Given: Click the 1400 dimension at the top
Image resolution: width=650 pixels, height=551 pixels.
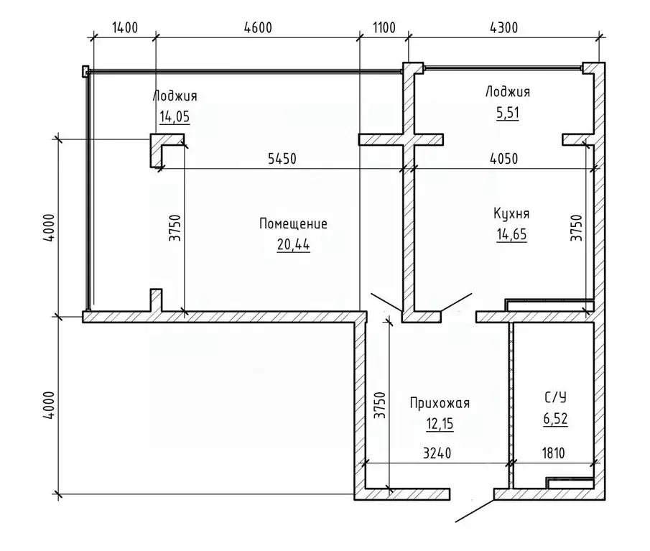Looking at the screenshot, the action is click(x=125, y=28).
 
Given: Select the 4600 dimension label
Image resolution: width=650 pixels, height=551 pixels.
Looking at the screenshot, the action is click(x=258, y=28).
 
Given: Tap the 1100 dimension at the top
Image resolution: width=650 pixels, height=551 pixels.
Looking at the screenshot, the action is click(x=384, y=28).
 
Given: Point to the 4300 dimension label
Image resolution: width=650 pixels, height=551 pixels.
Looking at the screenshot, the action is click(x=503, y=28).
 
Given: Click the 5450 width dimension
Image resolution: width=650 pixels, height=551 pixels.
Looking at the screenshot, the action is click(x=282, y=159).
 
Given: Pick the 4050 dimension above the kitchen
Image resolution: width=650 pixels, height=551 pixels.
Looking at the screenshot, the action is click(x=503, y=159).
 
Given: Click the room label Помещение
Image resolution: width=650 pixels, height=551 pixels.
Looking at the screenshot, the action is click(x=293, y=224).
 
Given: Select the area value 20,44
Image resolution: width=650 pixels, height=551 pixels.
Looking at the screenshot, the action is click(x=294, y=245).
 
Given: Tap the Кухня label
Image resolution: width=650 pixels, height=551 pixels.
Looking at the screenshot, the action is click(x=511, y=213).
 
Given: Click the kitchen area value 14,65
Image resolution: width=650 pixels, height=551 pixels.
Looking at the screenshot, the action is click(x=511, y=235).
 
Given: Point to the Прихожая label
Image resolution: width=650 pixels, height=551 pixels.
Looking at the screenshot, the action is click(x=440, y=403).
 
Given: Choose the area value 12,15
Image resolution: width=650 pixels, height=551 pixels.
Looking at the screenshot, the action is click(x=440, y=424).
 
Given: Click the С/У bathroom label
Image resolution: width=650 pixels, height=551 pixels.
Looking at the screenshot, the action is click(x=555, y=397).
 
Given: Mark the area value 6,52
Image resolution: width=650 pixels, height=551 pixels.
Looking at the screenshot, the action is click(x=555, y=419).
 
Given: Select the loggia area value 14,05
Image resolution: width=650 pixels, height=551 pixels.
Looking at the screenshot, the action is click(x=175, y=117).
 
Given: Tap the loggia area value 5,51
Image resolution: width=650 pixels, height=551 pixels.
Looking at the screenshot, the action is click(x=508, y=113).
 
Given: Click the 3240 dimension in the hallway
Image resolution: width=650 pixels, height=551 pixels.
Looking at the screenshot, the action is click(x=437, y=453).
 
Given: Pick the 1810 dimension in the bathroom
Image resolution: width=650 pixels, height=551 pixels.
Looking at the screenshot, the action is click(x=554, y=453).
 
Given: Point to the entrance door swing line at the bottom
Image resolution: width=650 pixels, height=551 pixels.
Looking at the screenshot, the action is click(x=475, y=511).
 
